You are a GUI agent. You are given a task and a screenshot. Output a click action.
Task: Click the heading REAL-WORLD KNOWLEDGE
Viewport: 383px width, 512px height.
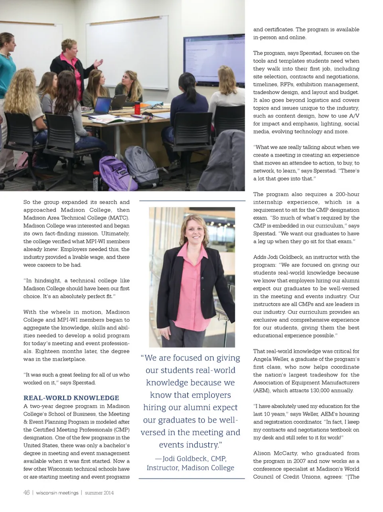(x=71, y=398)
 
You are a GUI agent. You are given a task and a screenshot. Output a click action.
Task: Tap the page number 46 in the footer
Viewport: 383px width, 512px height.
(x=26, y=492)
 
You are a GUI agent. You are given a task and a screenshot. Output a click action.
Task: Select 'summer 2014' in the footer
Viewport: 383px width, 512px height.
(x=99, y=493)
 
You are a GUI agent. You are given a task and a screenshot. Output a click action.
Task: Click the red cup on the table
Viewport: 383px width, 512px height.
(x=137, y=108)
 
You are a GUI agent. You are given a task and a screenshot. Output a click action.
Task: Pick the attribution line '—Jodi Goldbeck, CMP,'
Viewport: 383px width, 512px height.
(x=191, y=459)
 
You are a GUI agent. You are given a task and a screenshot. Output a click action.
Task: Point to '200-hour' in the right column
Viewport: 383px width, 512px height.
(x=347, y=194)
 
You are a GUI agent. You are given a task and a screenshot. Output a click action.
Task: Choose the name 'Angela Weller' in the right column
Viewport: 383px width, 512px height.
(x=270, y=359)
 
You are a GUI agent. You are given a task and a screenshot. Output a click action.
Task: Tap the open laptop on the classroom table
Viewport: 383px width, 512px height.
(x=103, y=105)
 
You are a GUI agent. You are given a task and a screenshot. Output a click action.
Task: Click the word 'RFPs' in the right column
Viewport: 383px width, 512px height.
(x=288, y=84)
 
